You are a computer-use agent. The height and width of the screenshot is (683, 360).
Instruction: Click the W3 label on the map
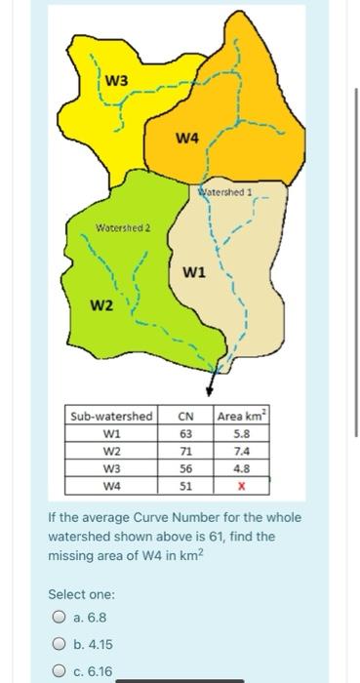115,78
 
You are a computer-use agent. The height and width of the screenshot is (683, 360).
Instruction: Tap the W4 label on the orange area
188,138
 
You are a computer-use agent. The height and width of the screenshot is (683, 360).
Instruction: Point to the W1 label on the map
193,271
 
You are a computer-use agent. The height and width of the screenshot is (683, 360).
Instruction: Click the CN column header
186,417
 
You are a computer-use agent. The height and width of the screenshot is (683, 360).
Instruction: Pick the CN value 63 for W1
186,434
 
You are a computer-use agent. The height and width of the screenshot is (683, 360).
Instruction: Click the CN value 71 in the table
186,451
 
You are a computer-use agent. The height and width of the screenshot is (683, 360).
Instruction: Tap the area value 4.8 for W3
242,467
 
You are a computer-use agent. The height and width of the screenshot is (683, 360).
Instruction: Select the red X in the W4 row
242,484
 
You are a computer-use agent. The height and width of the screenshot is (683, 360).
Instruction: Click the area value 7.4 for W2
242,451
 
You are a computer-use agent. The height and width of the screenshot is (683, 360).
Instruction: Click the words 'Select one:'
82,593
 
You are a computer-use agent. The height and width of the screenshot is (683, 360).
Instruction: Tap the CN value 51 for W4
186,484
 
